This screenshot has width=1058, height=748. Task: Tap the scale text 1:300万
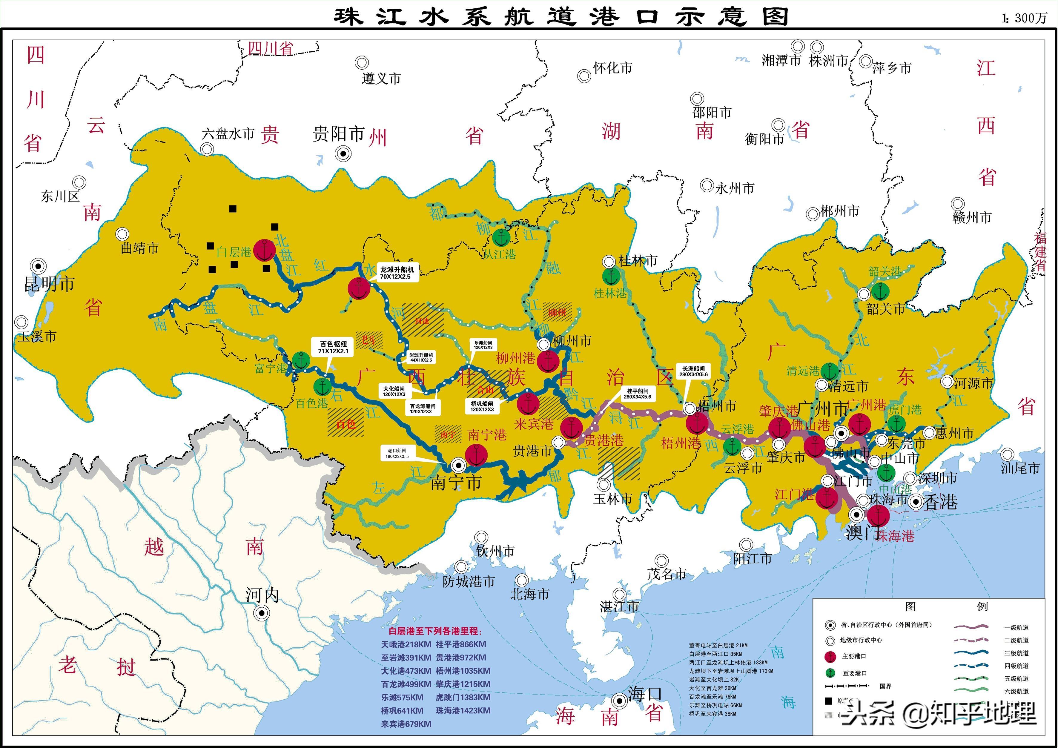point(1024,18)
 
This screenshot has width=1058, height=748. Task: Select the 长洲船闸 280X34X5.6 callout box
point(693,371)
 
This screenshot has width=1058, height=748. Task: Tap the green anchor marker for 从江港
point(501,238)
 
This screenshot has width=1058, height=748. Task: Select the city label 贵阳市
point(339,134)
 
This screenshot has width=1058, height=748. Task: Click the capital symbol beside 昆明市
point(38,266)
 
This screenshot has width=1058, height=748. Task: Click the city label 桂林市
point(638,261)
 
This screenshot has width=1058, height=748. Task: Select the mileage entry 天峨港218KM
point(406,644)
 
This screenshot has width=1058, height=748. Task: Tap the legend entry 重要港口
point(854,673)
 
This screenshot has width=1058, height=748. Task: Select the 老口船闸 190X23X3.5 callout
point(397,454)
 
